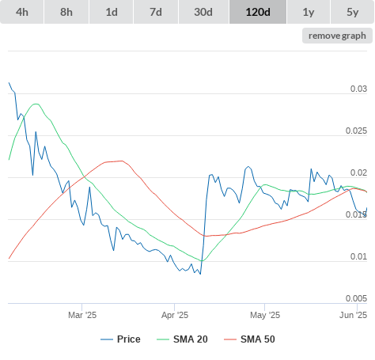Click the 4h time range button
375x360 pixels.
[22, 12]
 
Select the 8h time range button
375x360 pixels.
[66, 12]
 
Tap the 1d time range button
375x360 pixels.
[112, 12]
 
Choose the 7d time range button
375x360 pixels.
[156, 12]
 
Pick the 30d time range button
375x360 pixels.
[203, 12]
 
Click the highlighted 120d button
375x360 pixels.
[258, 12]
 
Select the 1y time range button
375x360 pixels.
[309, 12]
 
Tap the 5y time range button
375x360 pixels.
[353, 12]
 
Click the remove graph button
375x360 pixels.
[337, 36]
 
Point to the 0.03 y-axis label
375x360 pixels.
[358, 89]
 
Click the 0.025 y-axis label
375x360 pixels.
[356, 131]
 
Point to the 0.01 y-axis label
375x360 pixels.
[358, 256]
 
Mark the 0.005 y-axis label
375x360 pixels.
[356, 298]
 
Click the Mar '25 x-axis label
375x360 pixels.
[82, 315]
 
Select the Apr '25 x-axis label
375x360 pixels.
[175, 315]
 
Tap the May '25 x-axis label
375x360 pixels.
[265, 315]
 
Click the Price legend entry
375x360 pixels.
[120, 339]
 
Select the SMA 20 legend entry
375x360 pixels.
[182, 339]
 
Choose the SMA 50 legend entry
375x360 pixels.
[249, 339]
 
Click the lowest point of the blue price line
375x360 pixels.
[200, 274]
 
